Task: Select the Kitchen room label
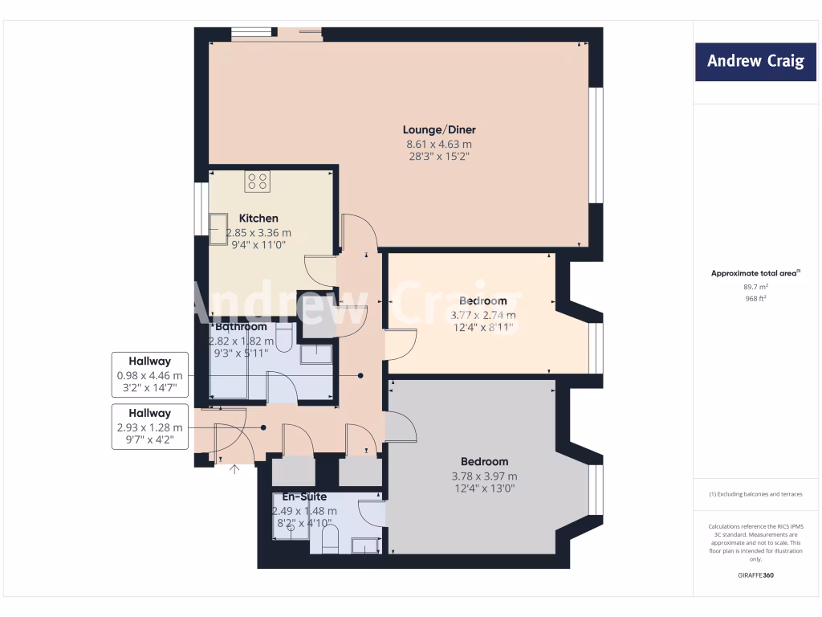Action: coord(258,219)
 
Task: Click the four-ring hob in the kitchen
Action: coord(258,182)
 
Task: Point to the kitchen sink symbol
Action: coord(219,229)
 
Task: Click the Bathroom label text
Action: coord(241,327)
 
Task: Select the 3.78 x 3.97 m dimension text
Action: coord(484,476)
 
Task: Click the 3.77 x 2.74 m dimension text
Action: coord(483,315)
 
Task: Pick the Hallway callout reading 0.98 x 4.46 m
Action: coord(150,375)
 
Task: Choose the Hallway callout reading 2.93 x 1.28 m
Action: coord(150,427)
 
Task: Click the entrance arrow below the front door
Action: coord(234,469)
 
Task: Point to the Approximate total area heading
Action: coord(755,273)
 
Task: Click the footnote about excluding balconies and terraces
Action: coord(755,494)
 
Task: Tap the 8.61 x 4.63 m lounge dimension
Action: coord(438,145)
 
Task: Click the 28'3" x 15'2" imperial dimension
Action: coord(438,157)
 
